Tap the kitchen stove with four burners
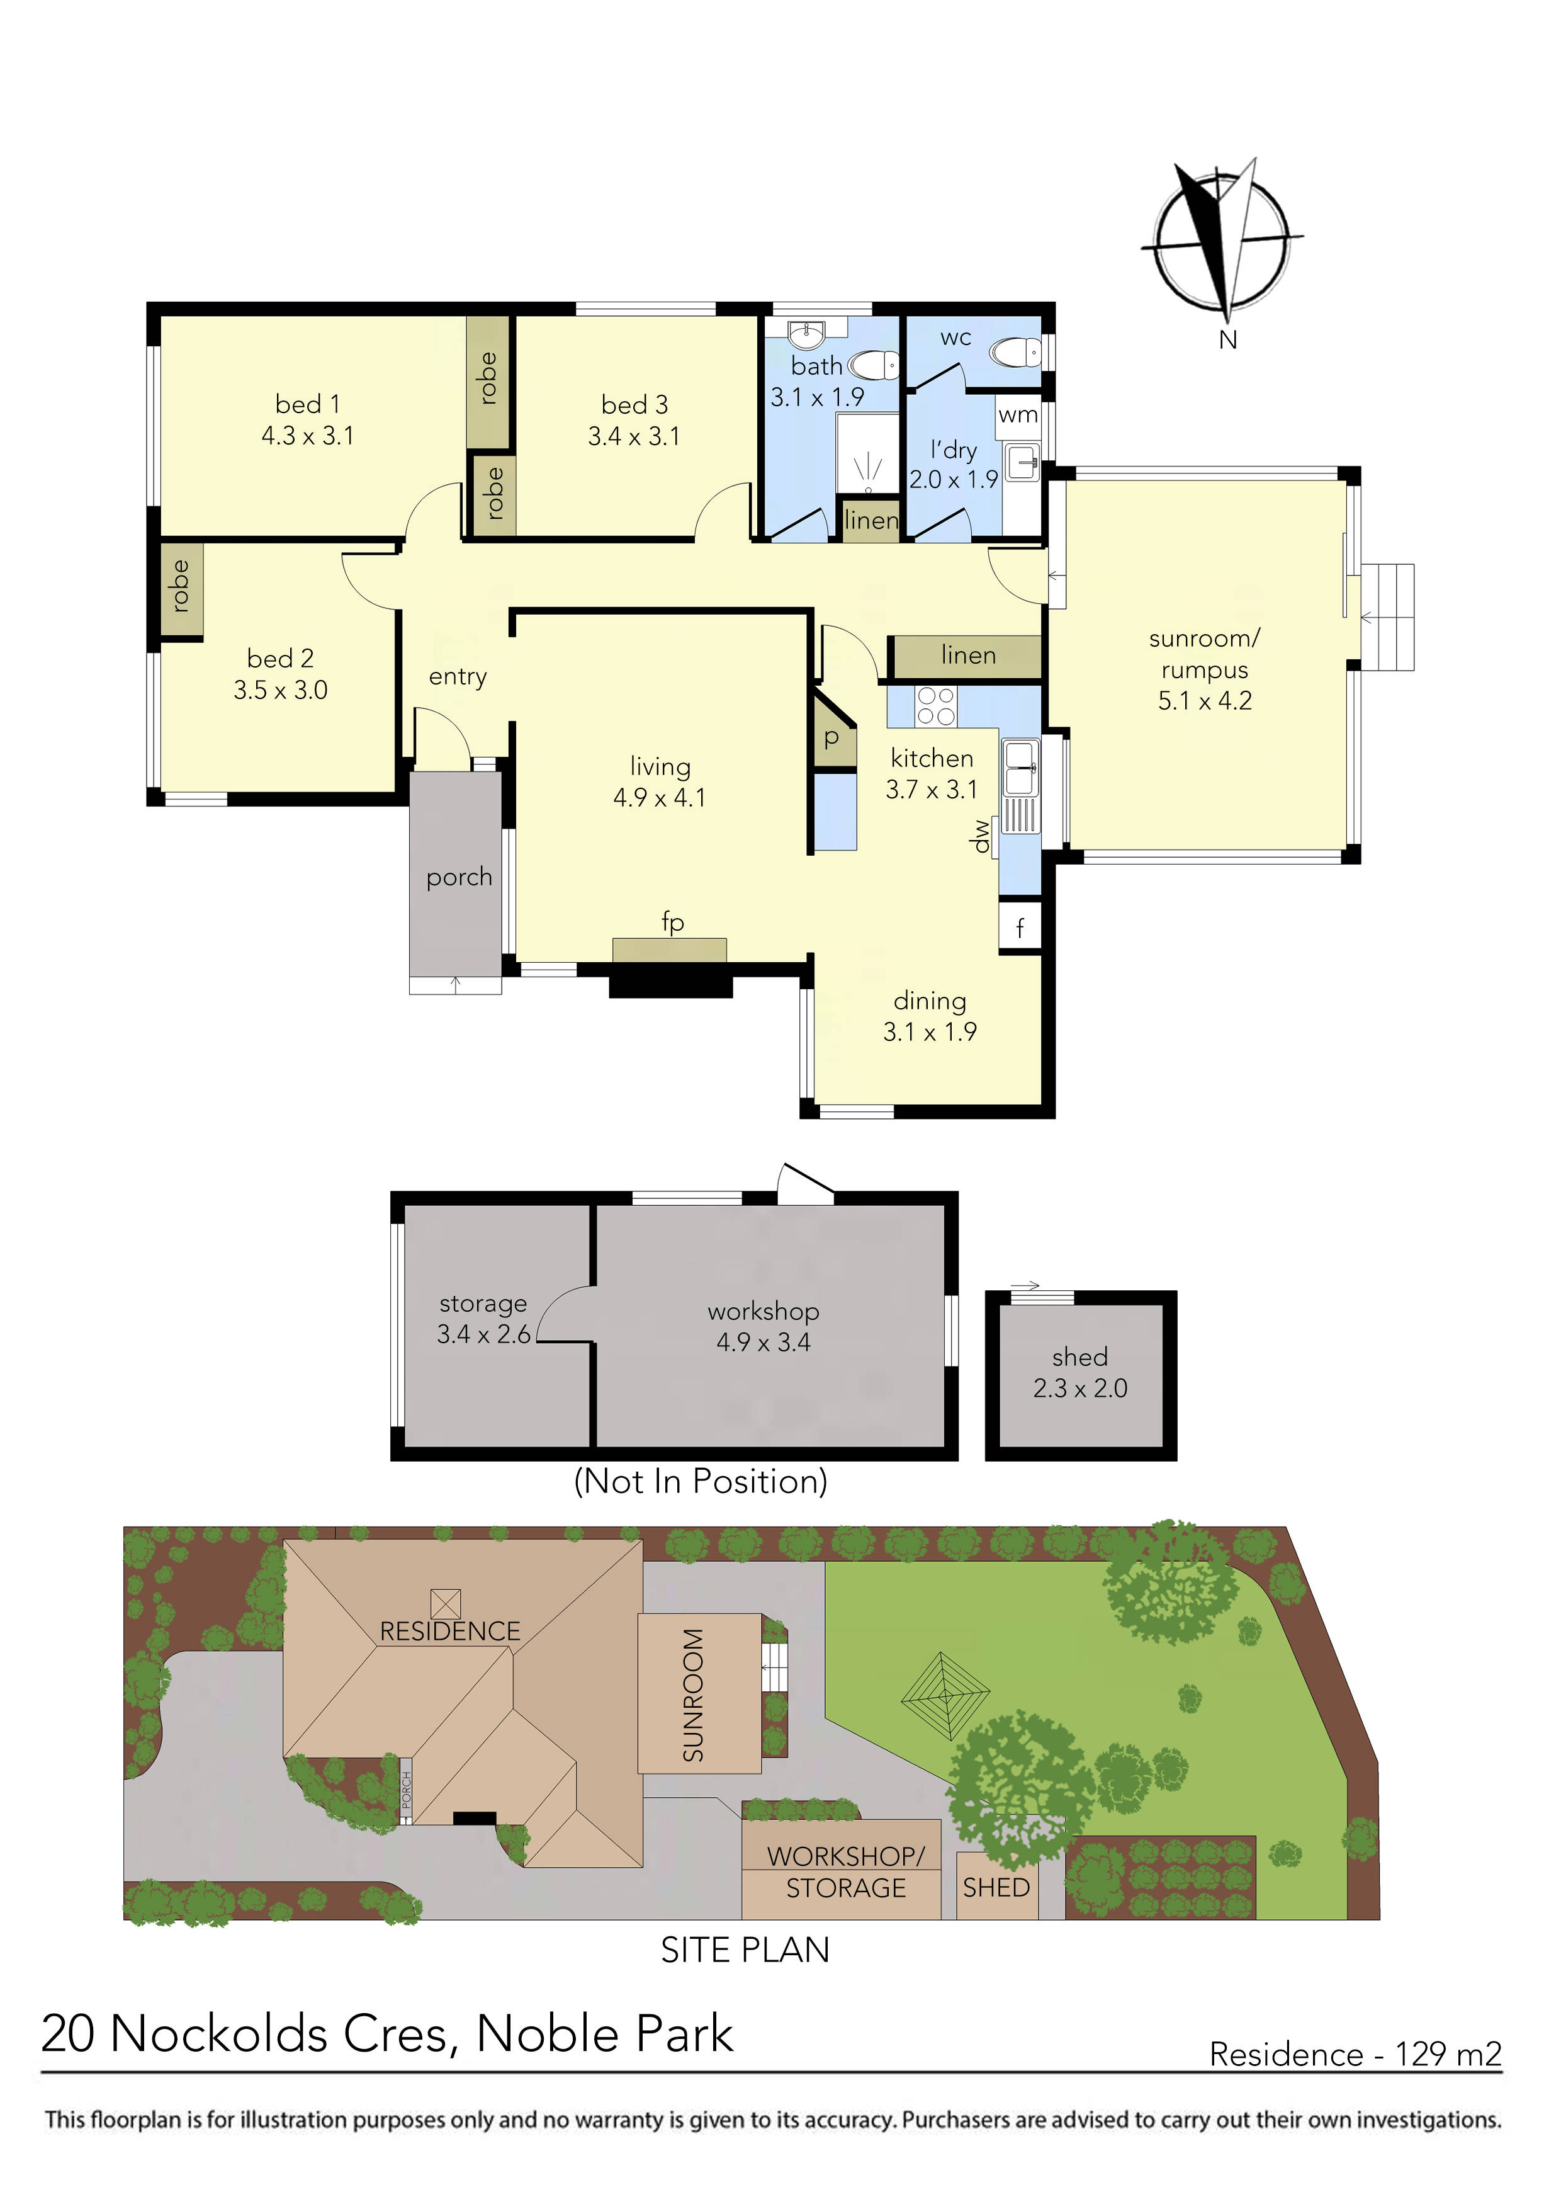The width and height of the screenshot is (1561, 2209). click(935, 705)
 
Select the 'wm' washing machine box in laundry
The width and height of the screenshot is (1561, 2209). click(1018, 416)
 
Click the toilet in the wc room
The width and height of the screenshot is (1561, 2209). click(1017, 351)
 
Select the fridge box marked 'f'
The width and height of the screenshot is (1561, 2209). click(1020, 928)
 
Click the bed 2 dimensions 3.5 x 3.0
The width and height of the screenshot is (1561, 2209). click(280, 690)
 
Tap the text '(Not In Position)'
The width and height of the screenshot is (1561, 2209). click(700, 1480)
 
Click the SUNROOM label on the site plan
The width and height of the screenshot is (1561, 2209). click(694, 1695)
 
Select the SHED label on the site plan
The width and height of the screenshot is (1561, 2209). click(996, 1888)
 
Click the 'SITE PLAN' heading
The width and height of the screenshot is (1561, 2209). click(745, 1950)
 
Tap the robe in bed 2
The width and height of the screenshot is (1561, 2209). click(180, 587)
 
